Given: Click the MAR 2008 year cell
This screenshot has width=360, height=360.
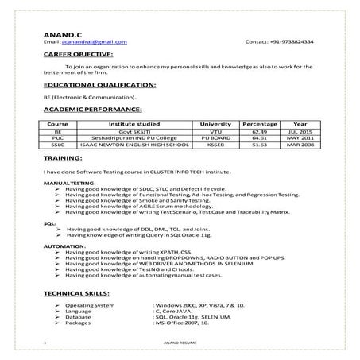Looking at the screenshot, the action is [x=300, y=145].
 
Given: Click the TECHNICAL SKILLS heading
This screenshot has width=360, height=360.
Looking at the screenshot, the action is [x=83, y=294].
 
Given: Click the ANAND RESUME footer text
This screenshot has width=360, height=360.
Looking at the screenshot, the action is [x=180, y=343].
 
